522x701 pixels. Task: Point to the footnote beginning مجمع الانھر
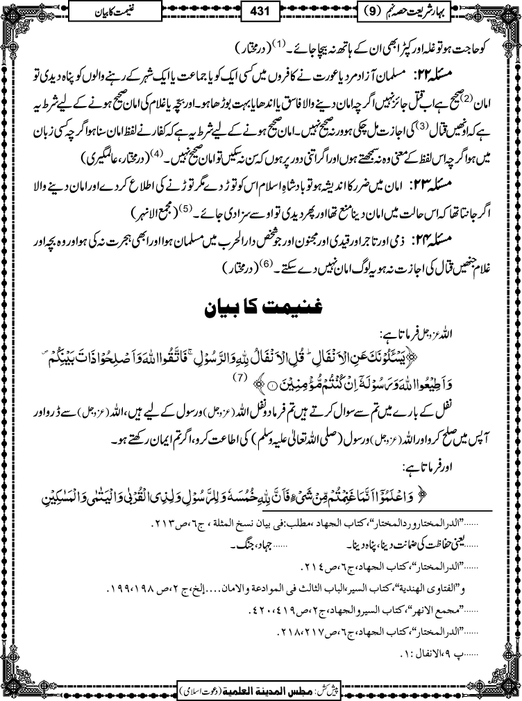tap(364, 612)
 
